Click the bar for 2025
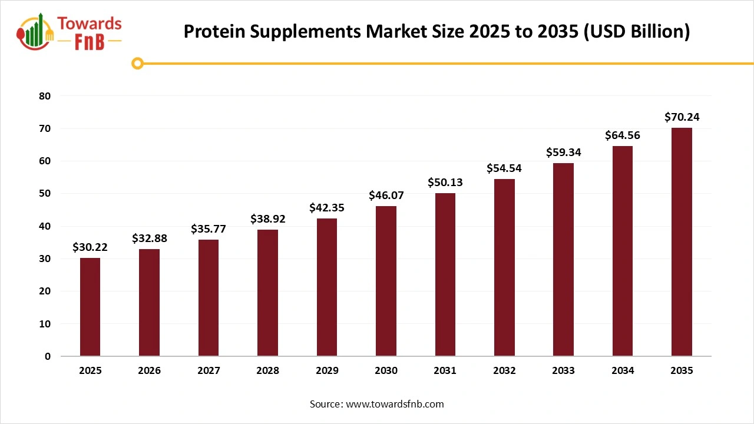(x=90, y=307)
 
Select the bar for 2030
(x=386, y=281)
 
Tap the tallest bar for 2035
(x=682, y=241)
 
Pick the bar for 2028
(x=267, y=293)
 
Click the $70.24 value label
(x=682, y=117)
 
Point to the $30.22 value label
(x=90, y=247)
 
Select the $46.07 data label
(x=386, y=195)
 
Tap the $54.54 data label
(x=504, y=168)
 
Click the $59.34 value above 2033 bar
(x=563, y=153)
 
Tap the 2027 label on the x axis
(x=209, y=370)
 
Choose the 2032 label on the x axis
(x=504, y=370)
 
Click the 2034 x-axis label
(x=623, y=370)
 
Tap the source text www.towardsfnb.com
(x=394, y=404)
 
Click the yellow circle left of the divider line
(x=137, y=63)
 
